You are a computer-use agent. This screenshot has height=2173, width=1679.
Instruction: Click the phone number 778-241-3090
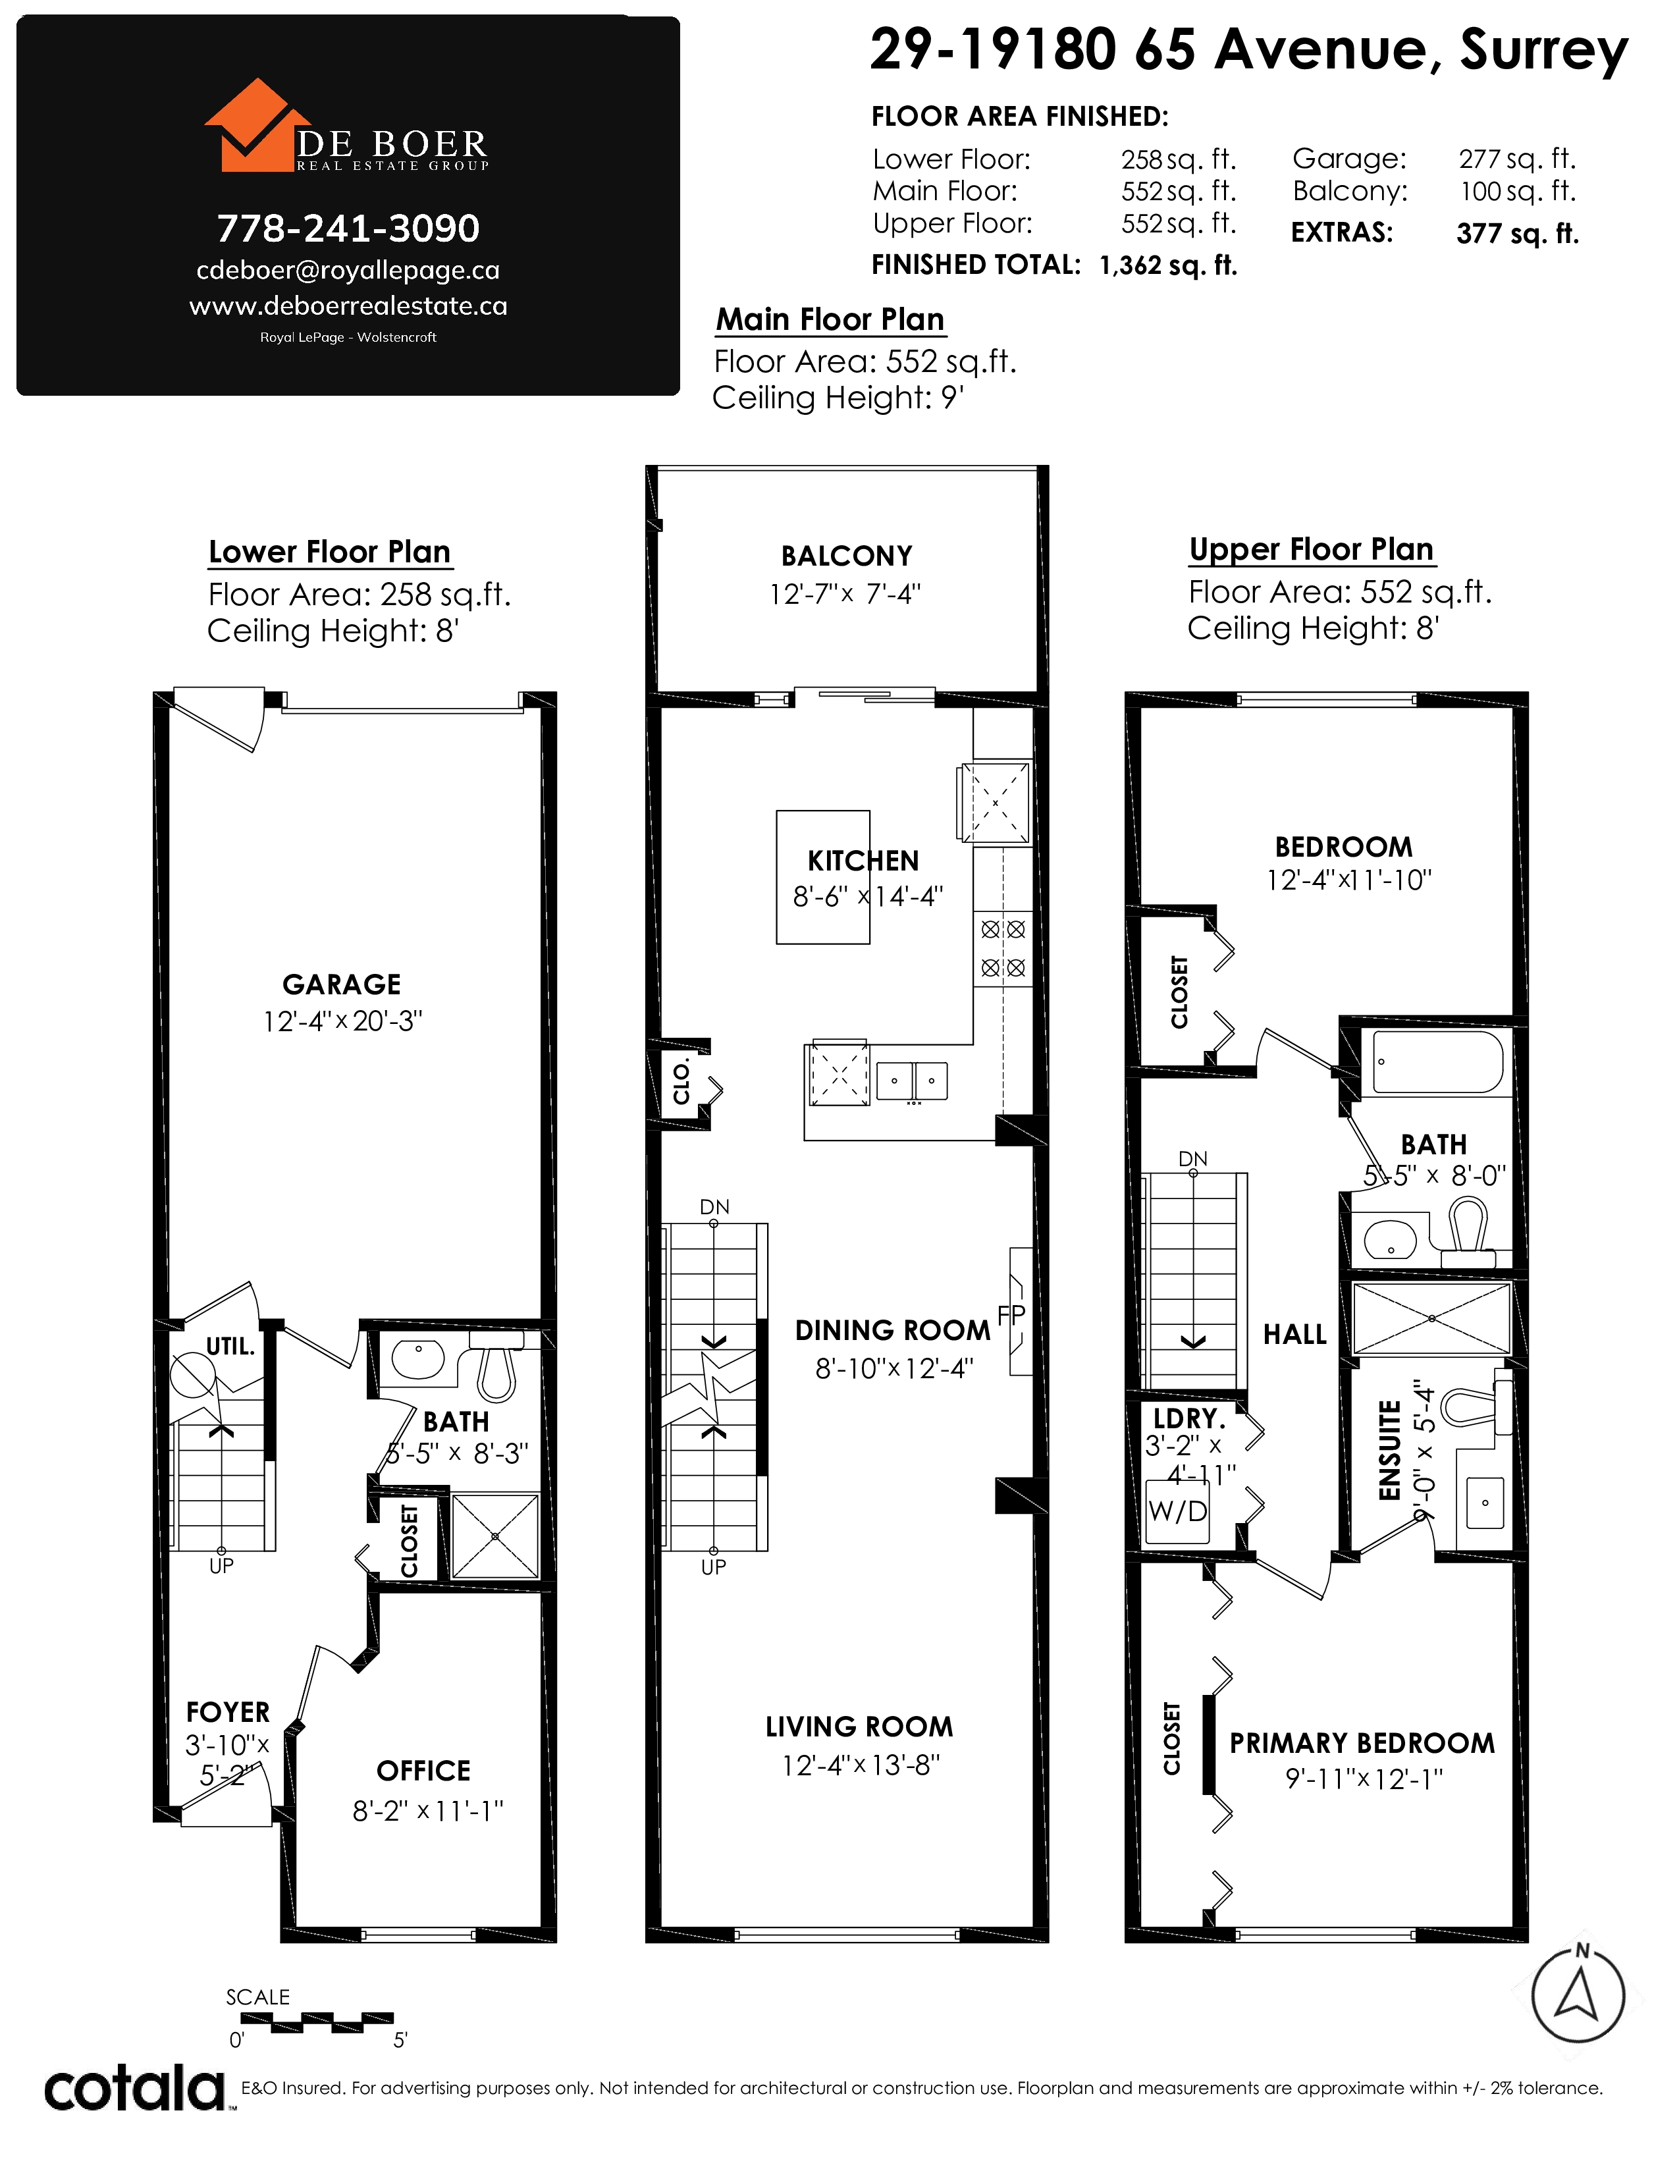(348, 229)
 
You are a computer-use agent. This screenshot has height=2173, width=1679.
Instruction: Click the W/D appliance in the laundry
(1178, 1511)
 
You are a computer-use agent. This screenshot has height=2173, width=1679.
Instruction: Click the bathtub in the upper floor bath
(1437, 1063)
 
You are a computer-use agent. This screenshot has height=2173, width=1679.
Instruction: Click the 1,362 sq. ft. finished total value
(1169, 265)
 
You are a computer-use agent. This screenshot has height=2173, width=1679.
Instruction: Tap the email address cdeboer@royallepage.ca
(348, 271)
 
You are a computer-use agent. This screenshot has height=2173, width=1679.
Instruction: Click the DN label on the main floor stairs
(714, 1207)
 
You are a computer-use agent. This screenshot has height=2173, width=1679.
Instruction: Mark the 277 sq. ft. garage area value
(1517, 159)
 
